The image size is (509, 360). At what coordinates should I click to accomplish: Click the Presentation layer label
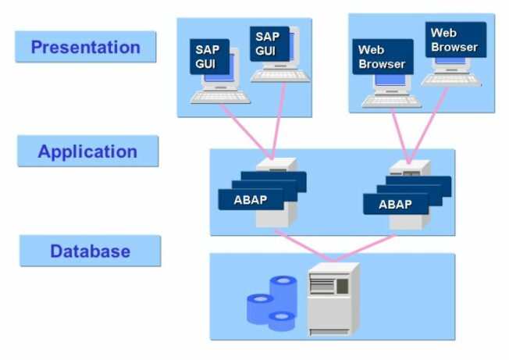pyautogui.click(x=85, y=47)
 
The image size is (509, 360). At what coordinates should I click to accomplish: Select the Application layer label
pyautogui.click(x=87, y=151)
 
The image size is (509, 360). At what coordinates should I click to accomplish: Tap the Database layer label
pyautogui.click(x=90, y=251)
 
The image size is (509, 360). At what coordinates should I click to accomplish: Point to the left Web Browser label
pyautogui.click(x=381, y=57)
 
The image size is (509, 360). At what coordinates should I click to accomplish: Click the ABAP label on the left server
pyautogui.click(x=250, y=199)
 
